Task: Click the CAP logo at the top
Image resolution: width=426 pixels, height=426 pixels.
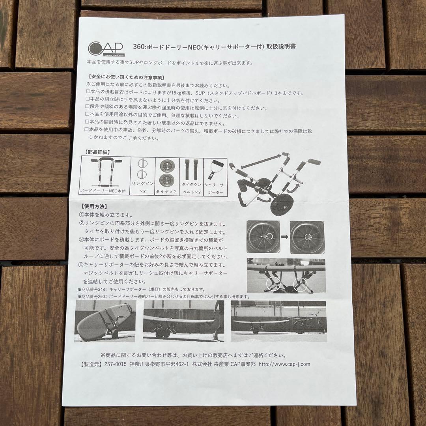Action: (106, 49)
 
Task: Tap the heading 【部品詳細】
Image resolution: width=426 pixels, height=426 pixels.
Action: (97, 152)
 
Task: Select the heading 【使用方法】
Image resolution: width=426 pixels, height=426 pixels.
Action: (94, 206)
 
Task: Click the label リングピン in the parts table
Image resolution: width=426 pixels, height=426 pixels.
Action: (143, 184)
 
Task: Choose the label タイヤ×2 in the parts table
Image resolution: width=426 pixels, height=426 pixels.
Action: (166, 191)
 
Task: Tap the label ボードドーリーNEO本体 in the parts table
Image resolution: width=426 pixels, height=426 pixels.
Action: (103, 191)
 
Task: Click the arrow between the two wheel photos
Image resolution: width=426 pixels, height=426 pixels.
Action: (285, 237)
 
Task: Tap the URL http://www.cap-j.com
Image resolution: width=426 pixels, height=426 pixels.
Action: (284, 364)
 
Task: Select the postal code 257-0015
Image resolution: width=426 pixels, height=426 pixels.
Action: (116, 364)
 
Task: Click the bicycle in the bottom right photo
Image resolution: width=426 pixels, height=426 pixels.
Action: (309, 323)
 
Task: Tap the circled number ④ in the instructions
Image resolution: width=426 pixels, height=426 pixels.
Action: (81, 265)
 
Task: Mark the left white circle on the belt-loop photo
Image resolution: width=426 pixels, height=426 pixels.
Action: (273, 284)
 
